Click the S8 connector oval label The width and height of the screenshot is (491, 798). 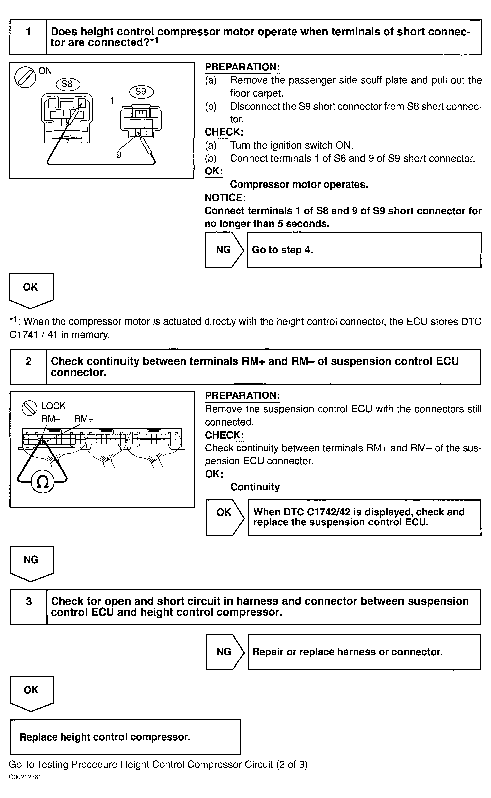(67, 84)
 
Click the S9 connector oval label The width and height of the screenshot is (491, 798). (141, 92)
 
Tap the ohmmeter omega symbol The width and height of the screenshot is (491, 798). (42, 482)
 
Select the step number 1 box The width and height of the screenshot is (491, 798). (28, 32)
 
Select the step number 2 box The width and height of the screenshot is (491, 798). (29, 361)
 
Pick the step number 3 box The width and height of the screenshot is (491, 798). (29, 601)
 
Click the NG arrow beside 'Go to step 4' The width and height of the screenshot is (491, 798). (224, 250)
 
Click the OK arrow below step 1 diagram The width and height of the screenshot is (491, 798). (31, 288)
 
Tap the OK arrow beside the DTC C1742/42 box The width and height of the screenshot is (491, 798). (224, 513)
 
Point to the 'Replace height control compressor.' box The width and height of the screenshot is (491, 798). (125, 737)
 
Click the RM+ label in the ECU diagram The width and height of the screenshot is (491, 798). (83, 419)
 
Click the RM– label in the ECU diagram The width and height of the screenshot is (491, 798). (51, 419)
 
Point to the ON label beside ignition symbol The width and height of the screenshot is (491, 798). (45, 71)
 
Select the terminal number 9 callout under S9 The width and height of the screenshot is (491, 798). (119, 155)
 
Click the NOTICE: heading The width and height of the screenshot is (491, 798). (225, 198)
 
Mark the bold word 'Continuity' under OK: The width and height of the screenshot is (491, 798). (255, 487)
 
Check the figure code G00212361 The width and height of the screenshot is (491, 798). (25, 777)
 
